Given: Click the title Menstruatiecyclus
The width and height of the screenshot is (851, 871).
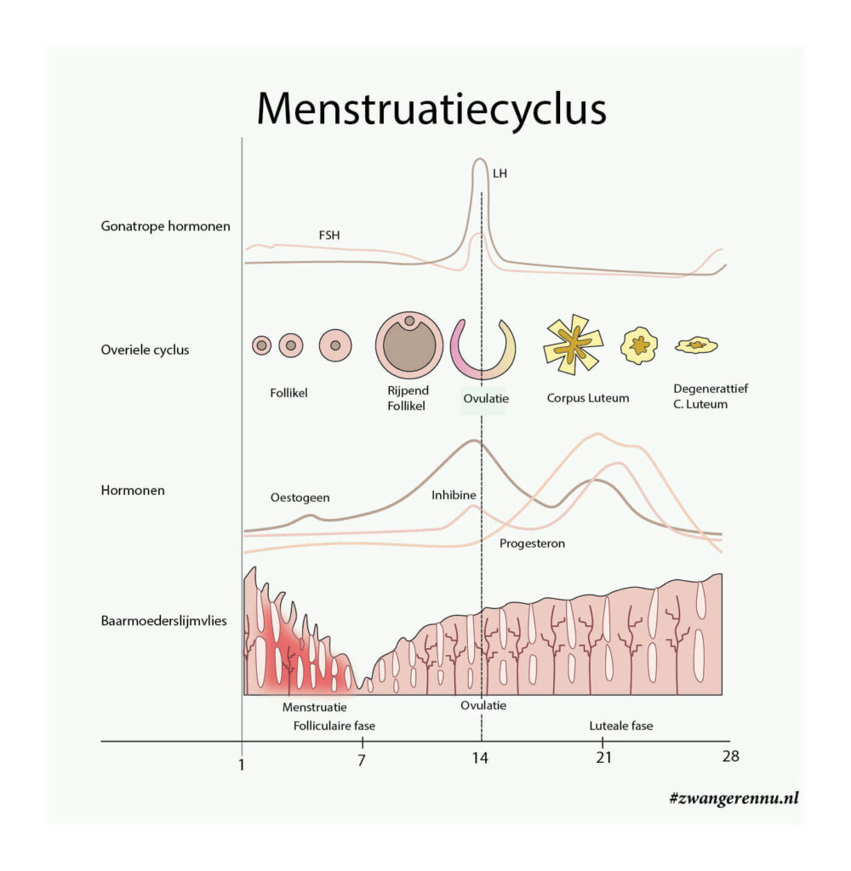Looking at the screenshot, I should (x=431, y=109).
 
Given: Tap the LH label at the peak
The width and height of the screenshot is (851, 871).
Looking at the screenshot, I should (x=500, y=174).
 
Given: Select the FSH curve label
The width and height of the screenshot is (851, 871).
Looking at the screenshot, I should (x=328, y=235).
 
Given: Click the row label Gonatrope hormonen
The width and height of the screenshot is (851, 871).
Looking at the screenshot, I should (x=165, y=226).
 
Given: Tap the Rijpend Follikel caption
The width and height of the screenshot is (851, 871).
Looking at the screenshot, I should (x=408, y=398).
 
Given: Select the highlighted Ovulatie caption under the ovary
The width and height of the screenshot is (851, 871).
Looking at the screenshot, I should (x=483, y=398).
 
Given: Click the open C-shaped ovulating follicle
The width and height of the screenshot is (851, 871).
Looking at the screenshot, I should (x=483, y=349).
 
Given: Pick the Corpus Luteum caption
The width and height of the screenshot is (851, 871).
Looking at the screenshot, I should (x=588, y=397).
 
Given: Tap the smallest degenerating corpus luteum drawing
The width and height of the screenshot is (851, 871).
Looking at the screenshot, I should (x=696, y=344).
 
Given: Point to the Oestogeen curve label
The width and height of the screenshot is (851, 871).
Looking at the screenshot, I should (x=300, y=498).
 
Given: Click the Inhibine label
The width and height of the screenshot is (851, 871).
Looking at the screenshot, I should (x=453, y=494).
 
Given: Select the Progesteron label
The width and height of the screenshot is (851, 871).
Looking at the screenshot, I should (x=532, y=543).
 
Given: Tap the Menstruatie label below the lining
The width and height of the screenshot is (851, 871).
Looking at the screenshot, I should (x=315, y=707).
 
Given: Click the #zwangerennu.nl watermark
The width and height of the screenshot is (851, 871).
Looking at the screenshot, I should (x=734, y=798).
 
